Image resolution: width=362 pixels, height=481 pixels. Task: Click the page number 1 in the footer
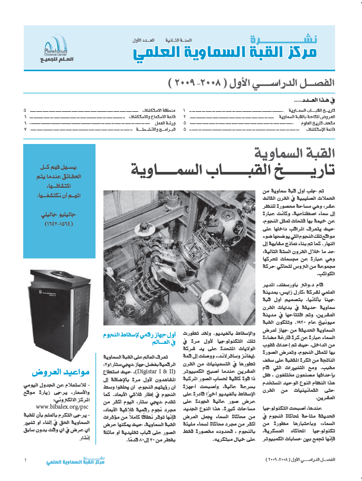coord(25,460)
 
